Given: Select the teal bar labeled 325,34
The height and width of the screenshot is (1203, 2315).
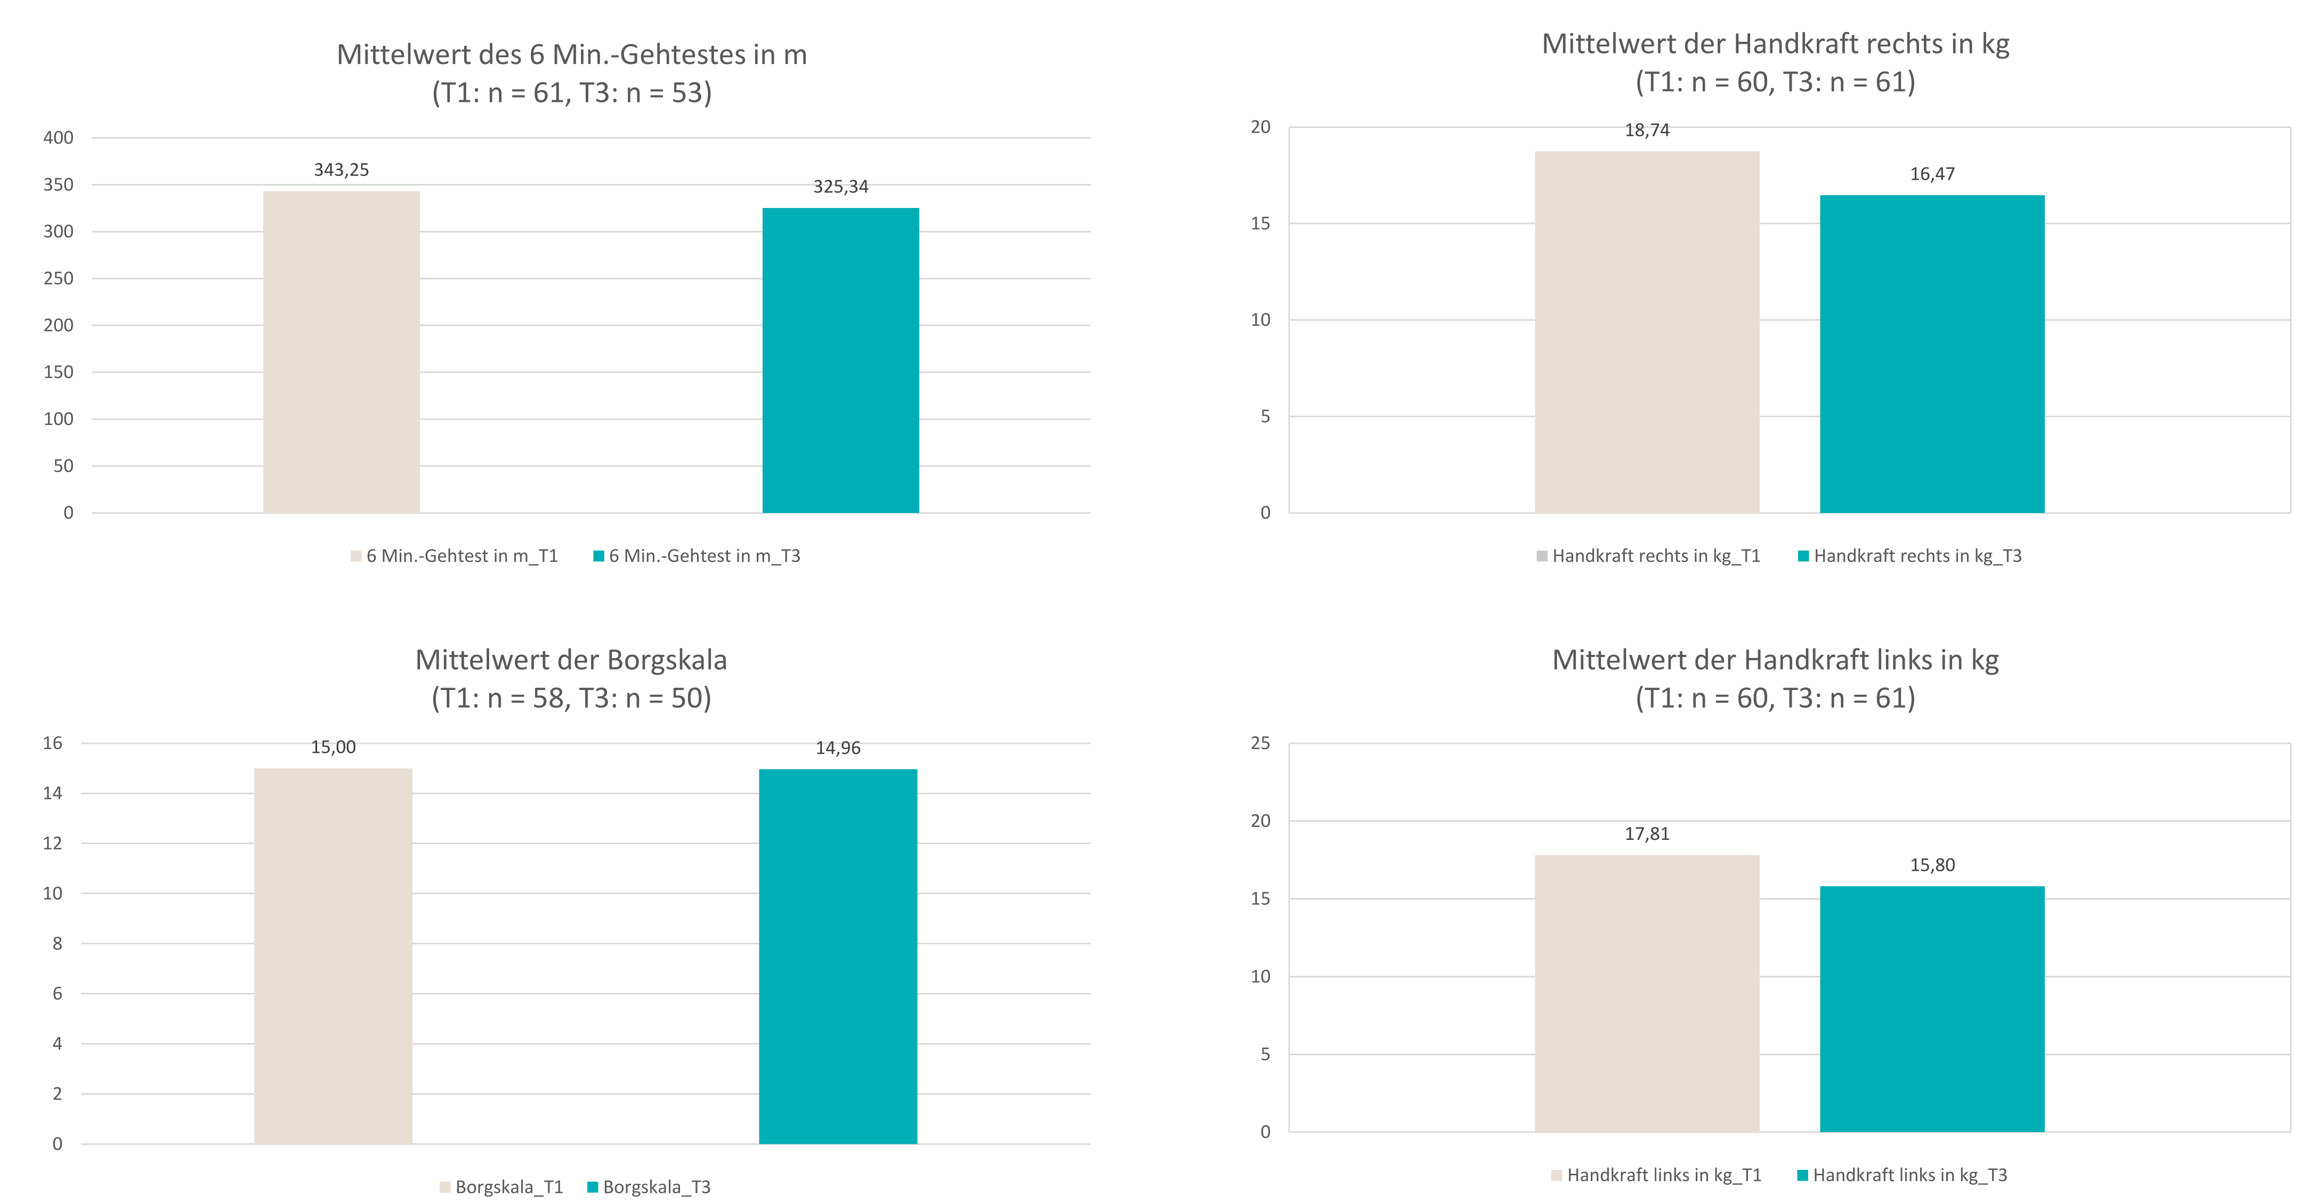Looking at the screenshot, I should (840, 359).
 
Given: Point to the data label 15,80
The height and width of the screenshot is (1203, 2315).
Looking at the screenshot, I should (1932, 865).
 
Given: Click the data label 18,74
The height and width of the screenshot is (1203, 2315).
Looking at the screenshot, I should (1646, 130).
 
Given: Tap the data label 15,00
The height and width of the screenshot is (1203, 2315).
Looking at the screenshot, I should (334, 747).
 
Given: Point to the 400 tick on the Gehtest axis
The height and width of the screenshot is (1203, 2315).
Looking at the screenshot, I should (59, 138).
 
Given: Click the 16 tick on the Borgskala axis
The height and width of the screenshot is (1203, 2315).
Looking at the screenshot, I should (53, 743).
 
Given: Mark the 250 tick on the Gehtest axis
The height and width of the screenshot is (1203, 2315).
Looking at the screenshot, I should (59, 278).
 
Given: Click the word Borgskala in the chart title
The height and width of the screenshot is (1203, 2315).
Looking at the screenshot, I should (666, 660).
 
